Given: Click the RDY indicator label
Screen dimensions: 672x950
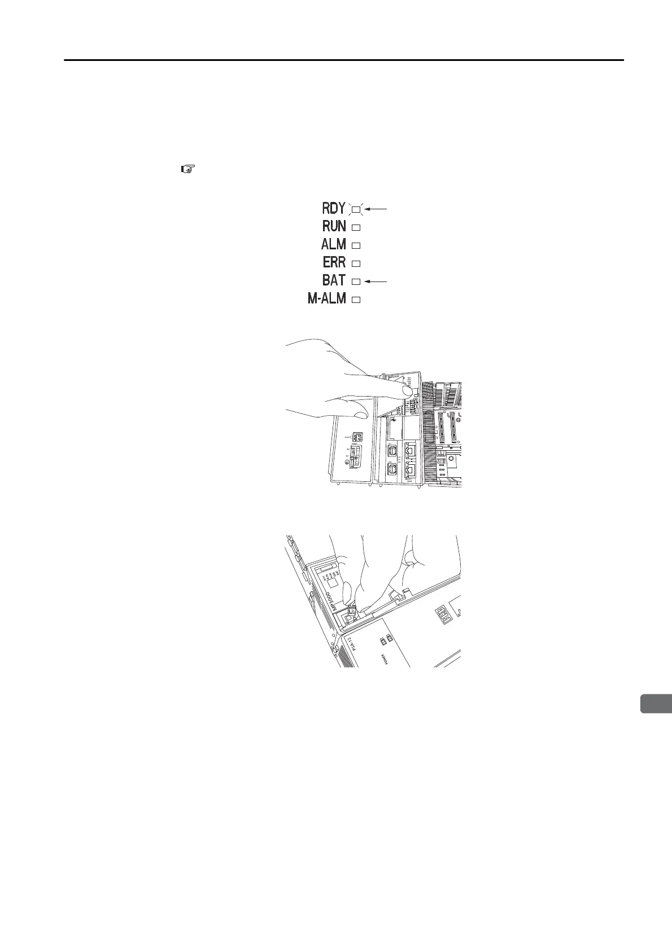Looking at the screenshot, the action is tap(334, 208).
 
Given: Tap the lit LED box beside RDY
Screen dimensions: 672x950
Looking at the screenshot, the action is tap(356, 209).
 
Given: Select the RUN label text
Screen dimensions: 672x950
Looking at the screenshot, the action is tap(334, 226).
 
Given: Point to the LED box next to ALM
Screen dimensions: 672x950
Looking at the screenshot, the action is tap(356, 245).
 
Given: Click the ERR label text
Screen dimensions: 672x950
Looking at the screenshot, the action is tap(334, 262).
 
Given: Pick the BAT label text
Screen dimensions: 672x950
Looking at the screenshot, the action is tap(334, 280).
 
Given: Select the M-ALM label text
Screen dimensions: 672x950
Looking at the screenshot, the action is tap(326, 298).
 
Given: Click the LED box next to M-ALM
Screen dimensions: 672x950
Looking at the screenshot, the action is tap(356, 300).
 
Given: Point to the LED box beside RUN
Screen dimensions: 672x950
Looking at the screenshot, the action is tap(356, 227).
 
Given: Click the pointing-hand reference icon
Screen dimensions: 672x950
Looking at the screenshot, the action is tap(187, 168).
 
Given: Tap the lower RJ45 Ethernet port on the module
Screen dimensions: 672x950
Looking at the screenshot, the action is tap(411, 469).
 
